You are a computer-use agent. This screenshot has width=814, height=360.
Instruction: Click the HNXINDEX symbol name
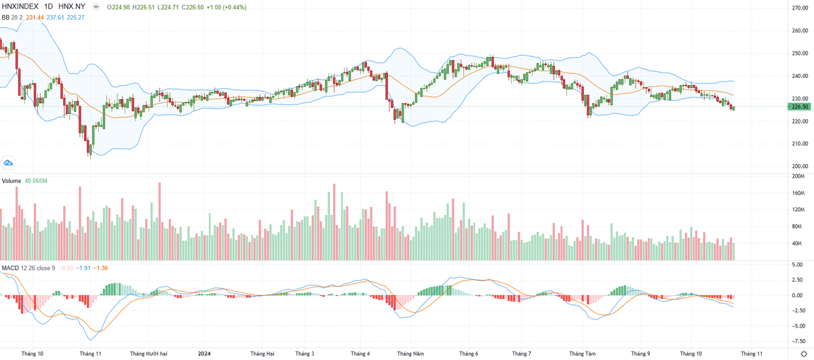(x=21, y=7)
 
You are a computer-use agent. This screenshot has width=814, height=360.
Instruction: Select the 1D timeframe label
(x=48, y=7)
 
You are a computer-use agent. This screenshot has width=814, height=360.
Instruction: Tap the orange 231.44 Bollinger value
(x=35, y=18)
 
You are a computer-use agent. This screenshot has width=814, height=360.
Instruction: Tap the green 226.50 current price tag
(x=800, y=106)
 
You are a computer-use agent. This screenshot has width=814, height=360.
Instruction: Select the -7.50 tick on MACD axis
(x=800, y=342)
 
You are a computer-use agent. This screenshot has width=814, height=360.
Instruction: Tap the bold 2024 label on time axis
(x=203, y=353)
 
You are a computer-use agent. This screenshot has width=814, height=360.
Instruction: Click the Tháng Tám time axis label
(x=582, y=353)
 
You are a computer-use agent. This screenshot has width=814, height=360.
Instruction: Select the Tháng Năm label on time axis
(x=410, y=353)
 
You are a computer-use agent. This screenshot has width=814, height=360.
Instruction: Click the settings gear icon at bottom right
(x=803, y=354)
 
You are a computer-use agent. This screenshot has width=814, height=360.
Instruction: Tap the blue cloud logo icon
(x=8, y=162)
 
